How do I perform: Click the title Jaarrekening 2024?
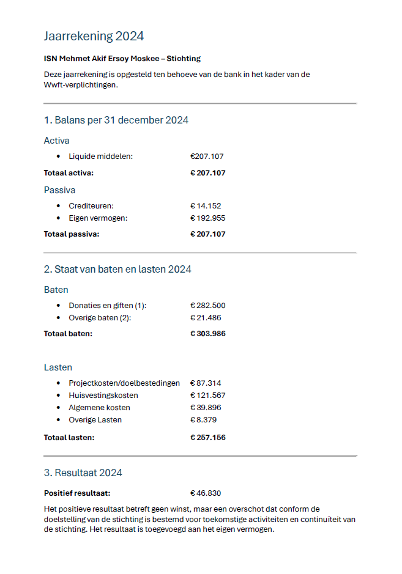point(94,36)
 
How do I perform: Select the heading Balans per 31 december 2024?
point(116,120)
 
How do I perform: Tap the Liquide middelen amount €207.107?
point(207,156)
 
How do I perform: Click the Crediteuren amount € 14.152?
point(206,206)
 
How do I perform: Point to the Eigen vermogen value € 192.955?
point(207,218)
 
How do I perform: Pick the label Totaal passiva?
point(71,234)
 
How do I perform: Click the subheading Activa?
point(57,141)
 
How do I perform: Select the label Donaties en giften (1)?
point(108,306)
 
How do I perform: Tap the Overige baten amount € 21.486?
point(206,318)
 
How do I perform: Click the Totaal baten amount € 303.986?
point(207,333)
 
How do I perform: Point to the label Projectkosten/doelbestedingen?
point(124,383)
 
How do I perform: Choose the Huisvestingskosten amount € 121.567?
point(207,396)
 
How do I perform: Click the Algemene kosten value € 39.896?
point(206,408)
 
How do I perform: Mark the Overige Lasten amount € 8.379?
point(203,420)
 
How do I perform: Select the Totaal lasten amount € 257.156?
point(207,438)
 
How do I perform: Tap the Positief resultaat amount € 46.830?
point(206,493)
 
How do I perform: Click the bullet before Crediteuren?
point(58,206)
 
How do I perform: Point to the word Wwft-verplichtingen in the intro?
point(80,85)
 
